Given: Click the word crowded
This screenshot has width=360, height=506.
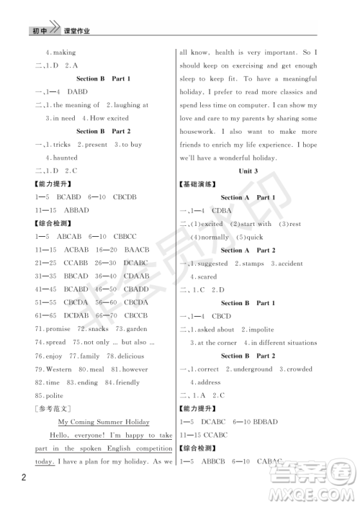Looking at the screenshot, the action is click(297, 369).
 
